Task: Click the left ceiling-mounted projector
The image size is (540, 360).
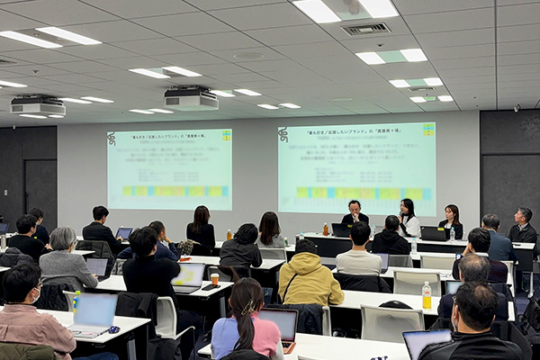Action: coord(38,105)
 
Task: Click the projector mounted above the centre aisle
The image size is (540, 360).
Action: coord(191,98)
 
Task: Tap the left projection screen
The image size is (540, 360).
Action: coord(169,168)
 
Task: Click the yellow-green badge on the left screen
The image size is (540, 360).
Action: coord(226,136)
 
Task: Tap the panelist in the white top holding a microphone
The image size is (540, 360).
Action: coord(409,218)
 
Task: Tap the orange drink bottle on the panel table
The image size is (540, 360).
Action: coord(326,229)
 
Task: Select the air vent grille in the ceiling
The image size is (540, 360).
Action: coord(366,29)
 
